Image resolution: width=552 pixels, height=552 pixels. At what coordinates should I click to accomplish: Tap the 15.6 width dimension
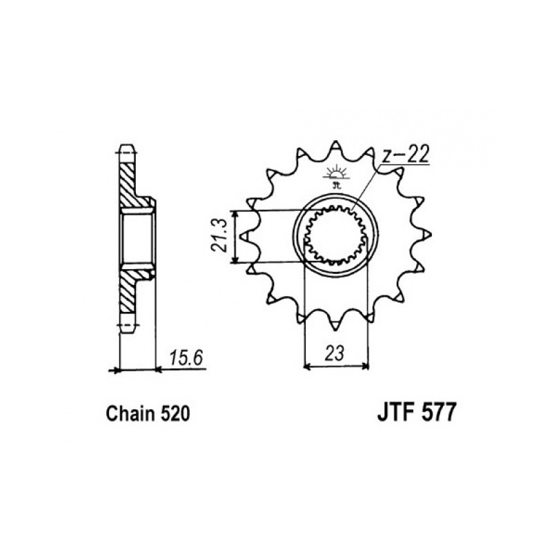tap(186, 358)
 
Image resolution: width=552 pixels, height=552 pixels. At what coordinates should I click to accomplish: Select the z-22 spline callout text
tap(406, 155)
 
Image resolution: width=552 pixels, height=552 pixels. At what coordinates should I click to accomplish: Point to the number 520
tap(175, 414)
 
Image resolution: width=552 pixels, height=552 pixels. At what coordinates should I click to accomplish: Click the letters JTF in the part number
tap(395, 412)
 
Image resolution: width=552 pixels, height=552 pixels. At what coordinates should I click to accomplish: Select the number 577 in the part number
tap(437, 412)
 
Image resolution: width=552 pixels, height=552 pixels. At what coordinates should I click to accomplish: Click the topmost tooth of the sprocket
tap(335, 147)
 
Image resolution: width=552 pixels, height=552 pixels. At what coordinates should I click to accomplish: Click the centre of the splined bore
tap(335, 235)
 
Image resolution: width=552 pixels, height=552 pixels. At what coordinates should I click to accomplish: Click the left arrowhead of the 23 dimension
tap(306, 367)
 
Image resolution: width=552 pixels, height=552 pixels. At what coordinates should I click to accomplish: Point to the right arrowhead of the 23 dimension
tap(365, 367)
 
